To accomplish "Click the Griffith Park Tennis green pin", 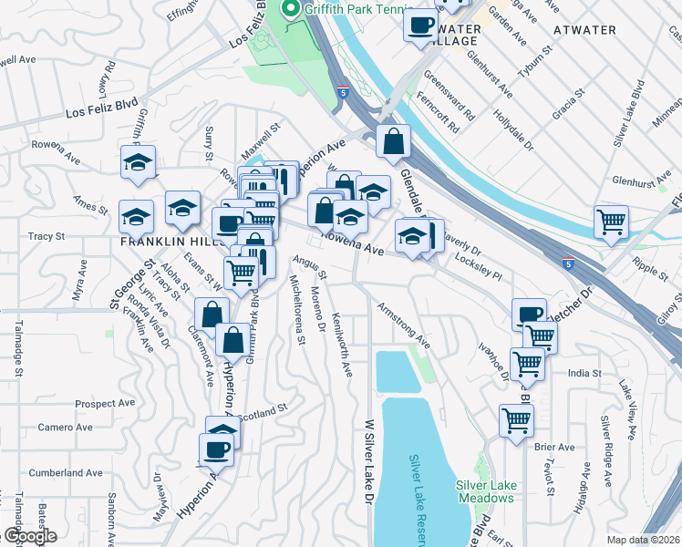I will point(292,10).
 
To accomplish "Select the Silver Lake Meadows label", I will point(486,491).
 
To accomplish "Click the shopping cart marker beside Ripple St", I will point(611,222).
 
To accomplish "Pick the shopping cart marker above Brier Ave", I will point(516,421).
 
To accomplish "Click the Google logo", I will point(30,536).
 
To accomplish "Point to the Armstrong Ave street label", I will point(403,325).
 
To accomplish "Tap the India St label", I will point(584,373).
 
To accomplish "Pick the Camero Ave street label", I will point(65,427).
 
